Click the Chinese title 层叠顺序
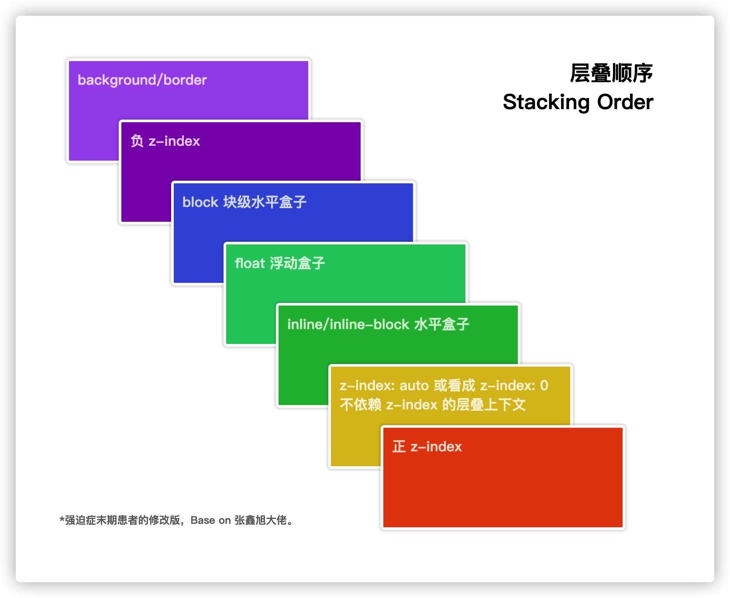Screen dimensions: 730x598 point(611,73)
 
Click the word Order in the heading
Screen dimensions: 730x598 point(625,102)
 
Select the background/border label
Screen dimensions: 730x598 point(142,80)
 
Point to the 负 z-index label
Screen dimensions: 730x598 point(165,141)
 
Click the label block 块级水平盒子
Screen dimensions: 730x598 point(244,203)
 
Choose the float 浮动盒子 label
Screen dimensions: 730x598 point(279,264)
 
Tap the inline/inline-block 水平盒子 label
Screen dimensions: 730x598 point(378,325)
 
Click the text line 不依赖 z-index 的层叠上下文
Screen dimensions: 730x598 point(432,405)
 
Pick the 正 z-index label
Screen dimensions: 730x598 point(427,447)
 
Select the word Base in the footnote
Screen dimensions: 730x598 point(203,520)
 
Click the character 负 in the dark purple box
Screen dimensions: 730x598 point(137,141)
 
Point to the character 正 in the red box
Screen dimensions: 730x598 point(399,447)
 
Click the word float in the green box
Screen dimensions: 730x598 point(250,264)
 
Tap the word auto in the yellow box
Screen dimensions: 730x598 point(414,386)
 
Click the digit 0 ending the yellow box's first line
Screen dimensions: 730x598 point(544,386)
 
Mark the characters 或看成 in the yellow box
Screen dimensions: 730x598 point(454,386)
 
